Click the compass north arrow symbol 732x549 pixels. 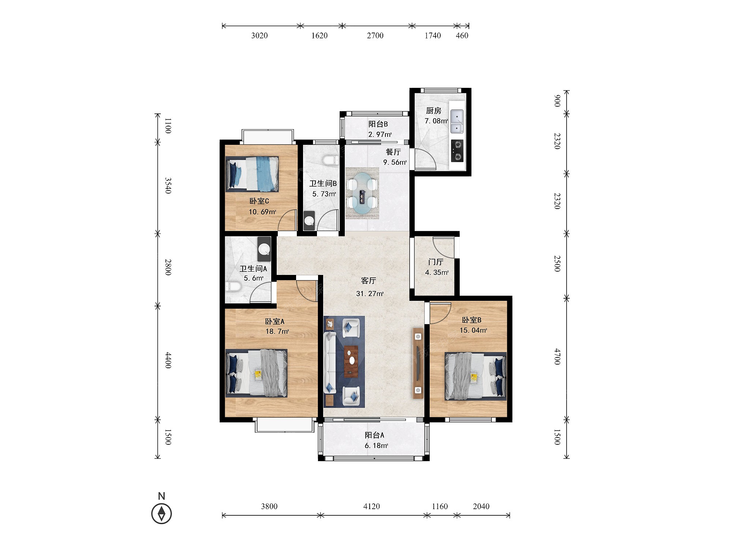coord(161,513)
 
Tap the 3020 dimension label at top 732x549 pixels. coord(259,36)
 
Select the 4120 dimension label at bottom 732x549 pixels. coord(371,506)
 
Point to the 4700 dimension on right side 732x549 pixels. coord(557,356)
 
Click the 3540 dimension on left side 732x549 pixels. coord(168,186)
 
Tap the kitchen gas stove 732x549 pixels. coord(457,150)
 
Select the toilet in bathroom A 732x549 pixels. coord(234,287)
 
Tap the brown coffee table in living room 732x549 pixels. coord(352,361)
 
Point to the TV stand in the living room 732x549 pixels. coord(418,363)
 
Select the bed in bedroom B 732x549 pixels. coord(475,376)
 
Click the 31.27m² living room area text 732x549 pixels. coord(370,294)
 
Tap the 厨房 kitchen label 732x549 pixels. coord(434,111)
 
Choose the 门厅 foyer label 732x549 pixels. coord(436,262)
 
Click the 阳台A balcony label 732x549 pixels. coord(374,435)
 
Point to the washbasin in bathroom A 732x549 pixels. coord(264,249)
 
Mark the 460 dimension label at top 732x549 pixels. coord(462,36)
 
